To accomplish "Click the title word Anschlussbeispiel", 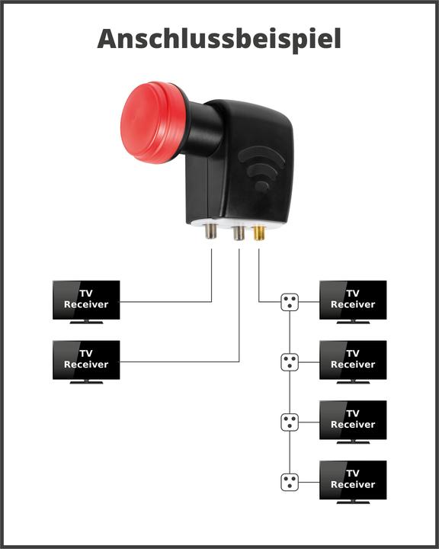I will click(x=219, y=38).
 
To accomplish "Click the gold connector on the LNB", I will click(x=258, y=232).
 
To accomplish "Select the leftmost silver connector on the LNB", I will click(x=211, y=232).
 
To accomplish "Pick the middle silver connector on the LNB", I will click(x=239, y=232).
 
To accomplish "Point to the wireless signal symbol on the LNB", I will click(x=261, y=168).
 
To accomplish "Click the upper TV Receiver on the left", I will click(x=86, y=299).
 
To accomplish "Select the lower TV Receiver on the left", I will click(x=86, y=359).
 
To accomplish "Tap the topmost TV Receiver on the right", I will click(x=353, y=299).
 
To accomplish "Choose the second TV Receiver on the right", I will click(x=353, y=359).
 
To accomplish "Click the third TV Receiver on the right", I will click(x=353, y=419).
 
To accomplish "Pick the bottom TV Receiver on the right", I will click(x=353, y=479).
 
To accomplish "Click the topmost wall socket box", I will click(x=290, y=302).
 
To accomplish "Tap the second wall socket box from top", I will click(x=290, y=361).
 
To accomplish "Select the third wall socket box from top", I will click(x=290, y=422).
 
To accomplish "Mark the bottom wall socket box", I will click(x=290, y=482).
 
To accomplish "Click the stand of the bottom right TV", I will click(x=353, y=502).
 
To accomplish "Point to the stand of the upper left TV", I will click(x=86, y=322).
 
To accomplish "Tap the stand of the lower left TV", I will click(x=86, y=382).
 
